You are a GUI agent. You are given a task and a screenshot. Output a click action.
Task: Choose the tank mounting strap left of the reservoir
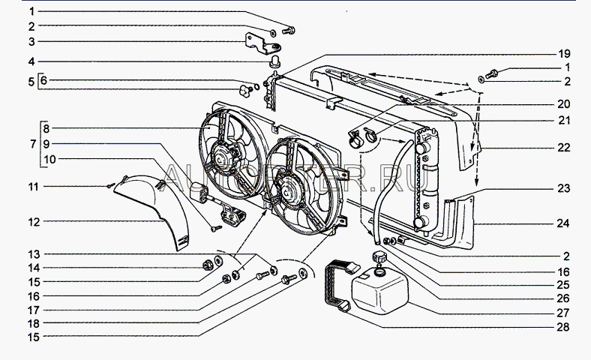336,285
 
